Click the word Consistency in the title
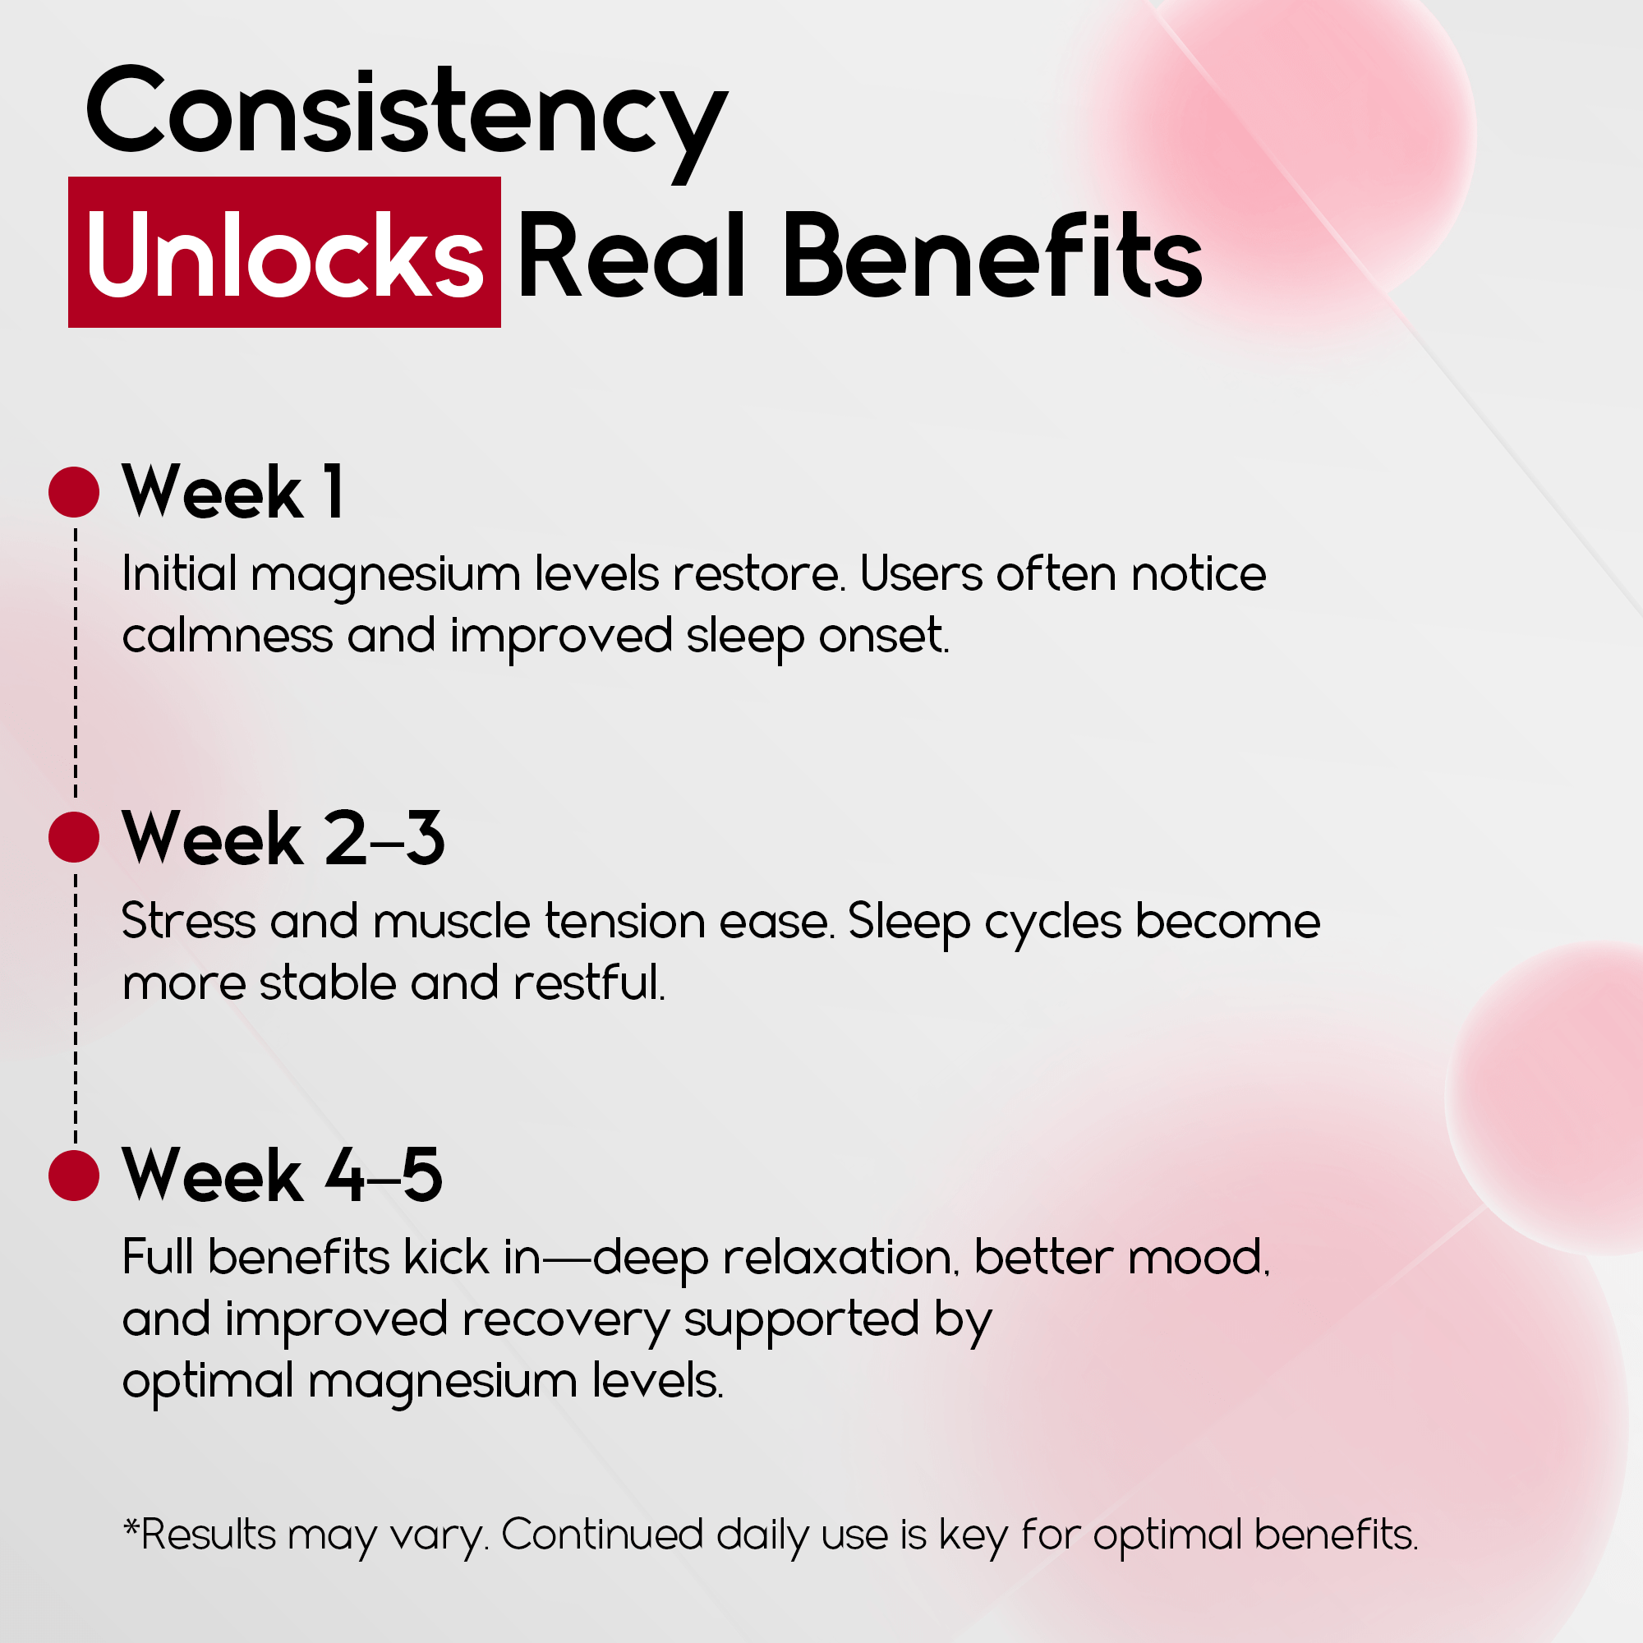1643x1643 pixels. [407, 119]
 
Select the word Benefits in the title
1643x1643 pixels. [992, 255]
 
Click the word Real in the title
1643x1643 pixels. [632, 255]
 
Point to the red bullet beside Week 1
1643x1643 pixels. [74, 491]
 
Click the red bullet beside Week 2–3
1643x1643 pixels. [74, 837]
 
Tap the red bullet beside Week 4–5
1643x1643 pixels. [74, 1176]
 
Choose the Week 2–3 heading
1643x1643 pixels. [283, 838]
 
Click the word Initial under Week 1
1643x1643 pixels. [179, 573]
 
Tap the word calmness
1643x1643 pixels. [227, 636]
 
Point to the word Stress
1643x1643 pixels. [189, 921]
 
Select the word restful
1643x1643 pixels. [589, 983]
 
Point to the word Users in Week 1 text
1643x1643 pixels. [921, 573]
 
